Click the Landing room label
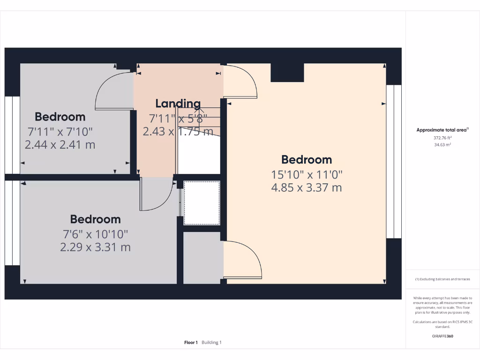[178, 104]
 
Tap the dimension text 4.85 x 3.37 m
[307, 188]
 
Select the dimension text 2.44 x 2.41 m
[60, 145]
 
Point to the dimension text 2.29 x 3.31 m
[95, 247]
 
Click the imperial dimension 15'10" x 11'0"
[307, 174]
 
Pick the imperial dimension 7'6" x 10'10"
[95, 233]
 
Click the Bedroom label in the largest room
[307, 160]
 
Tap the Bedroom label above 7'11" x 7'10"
[60, 117]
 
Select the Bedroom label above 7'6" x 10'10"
[95, 219]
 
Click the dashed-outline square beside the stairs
[202, 202]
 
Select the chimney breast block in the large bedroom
[287, 73]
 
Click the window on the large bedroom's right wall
[394, 161]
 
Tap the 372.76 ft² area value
[442, 138]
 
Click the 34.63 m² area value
[442, 145]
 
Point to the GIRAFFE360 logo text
[442, 336]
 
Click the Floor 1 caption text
[191, 343]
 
